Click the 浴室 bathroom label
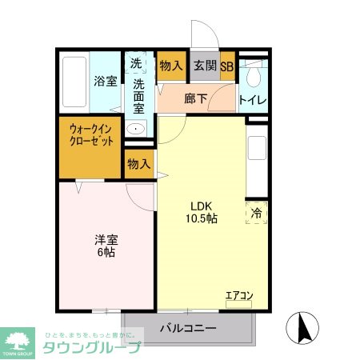pos(105,81)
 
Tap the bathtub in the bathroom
pos(74,84)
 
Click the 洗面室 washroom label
pos(139,94)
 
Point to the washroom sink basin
pos(137,128)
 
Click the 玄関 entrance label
pos(204,66)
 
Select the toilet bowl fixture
pos(254,76)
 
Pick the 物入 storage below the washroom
pos(139,164)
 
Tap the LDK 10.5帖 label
pos(200,211)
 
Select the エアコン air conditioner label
pos(238,296)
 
